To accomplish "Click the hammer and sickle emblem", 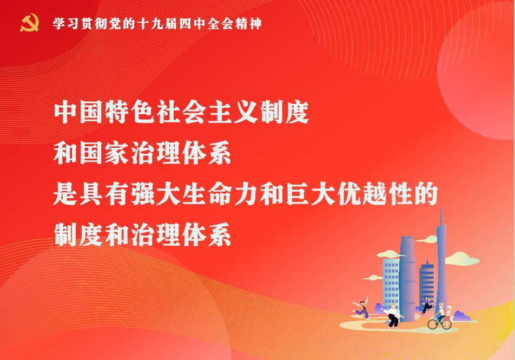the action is [x=30, y=23].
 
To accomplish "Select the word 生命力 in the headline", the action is [x=220, y=194].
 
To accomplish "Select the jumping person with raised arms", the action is [x=361, y=307].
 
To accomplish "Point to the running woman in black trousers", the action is [x=427, y=305].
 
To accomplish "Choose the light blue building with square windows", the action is [x=391, y=283].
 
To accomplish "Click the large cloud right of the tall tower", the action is [x=462, y=259].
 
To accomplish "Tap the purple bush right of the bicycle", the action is [x=462, y=317].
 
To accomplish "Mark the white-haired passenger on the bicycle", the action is [x=448, y=313].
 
